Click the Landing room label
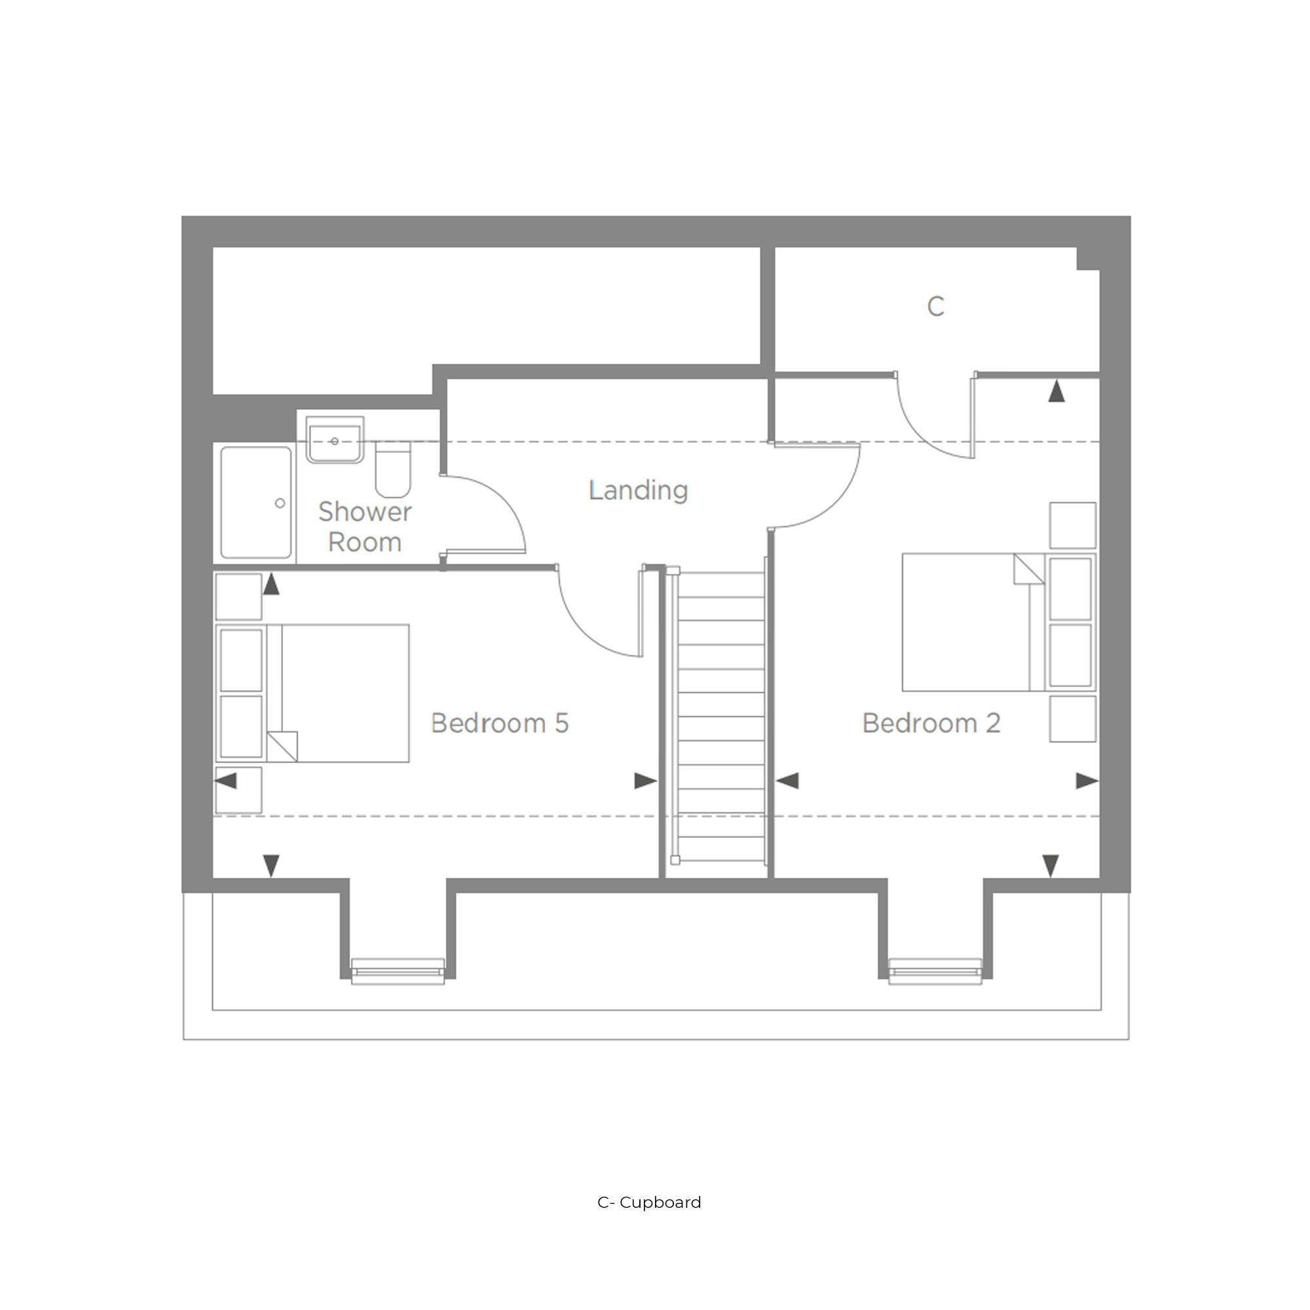tap(638, 490)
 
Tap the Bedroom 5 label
tap(500, 723)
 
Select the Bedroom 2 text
tap(931, 723)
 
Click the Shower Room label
tap(365, 527)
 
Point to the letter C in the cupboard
tap(936, 307)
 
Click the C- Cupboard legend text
tap(649, 1202)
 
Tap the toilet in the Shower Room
tap(393, 470)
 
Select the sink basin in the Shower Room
tap(335, 440)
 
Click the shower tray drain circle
tap(280, 503)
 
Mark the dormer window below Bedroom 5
tap(398, 971)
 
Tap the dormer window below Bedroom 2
tap(935, 971)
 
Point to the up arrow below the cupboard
tap(1057, 391)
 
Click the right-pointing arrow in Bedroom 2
tap(1087, 781)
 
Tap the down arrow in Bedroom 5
tap(271, 866)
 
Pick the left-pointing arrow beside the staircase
tap(787, 781)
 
